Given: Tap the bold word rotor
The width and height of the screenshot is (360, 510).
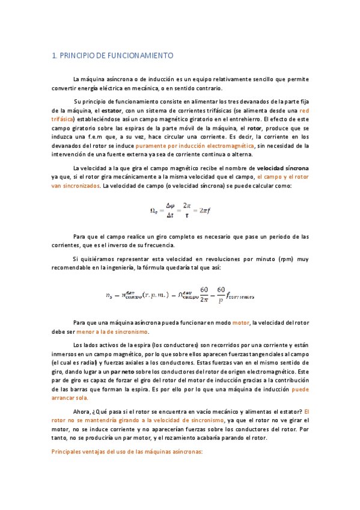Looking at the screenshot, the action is pos(254,128).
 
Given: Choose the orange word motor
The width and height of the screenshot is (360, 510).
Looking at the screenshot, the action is pos(240,323).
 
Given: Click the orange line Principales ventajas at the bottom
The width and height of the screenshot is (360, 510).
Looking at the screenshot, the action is pos(127,451).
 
